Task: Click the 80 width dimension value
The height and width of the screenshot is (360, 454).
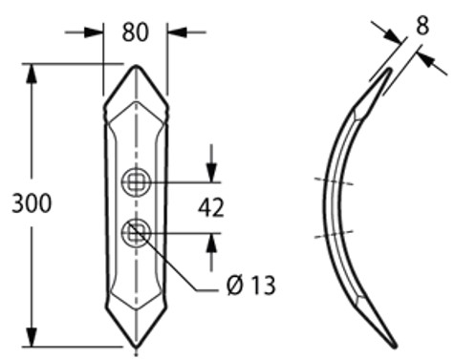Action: pos(135,32)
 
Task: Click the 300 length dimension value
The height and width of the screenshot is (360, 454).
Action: pos(32,203)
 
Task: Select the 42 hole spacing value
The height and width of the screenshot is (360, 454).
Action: pos(211,208)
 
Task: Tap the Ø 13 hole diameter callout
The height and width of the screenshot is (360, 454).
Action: pos(251,286)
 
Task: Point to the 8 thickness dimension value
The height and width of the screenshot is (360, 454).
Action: pos(422,26)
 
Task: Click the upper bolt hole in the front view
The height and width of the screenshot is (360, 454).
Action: pos(136,182)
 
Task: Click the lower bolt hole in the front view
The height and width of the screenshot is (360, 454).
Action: pos(136,233)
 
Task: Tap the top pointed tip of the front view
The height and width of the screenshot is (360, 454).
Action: pos(137,66)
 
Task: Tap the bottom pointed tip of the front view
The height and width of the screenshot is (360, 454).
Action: pos(136,347)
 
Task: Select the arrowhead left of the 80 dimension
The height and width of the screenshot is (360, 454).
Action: pos(94,32)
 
